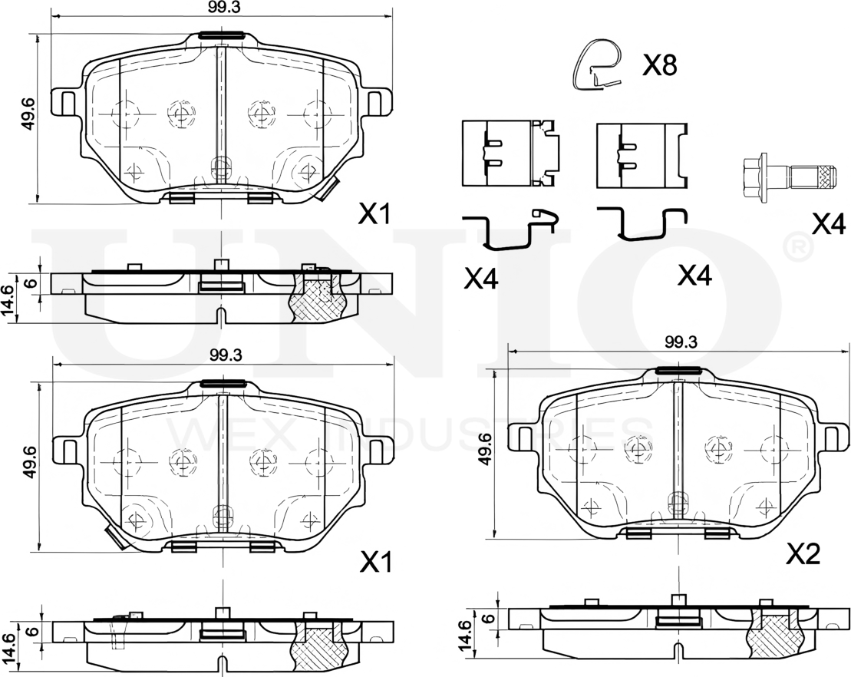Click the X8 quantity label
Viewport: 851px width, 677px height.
point(659,66)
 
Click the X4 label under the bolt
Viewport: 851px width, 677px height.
point(828,223)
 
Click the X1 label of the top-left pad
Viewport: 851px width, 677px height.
point(374,215)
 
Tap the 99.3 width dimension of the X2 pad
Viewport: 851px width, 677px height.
point(680,342)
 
